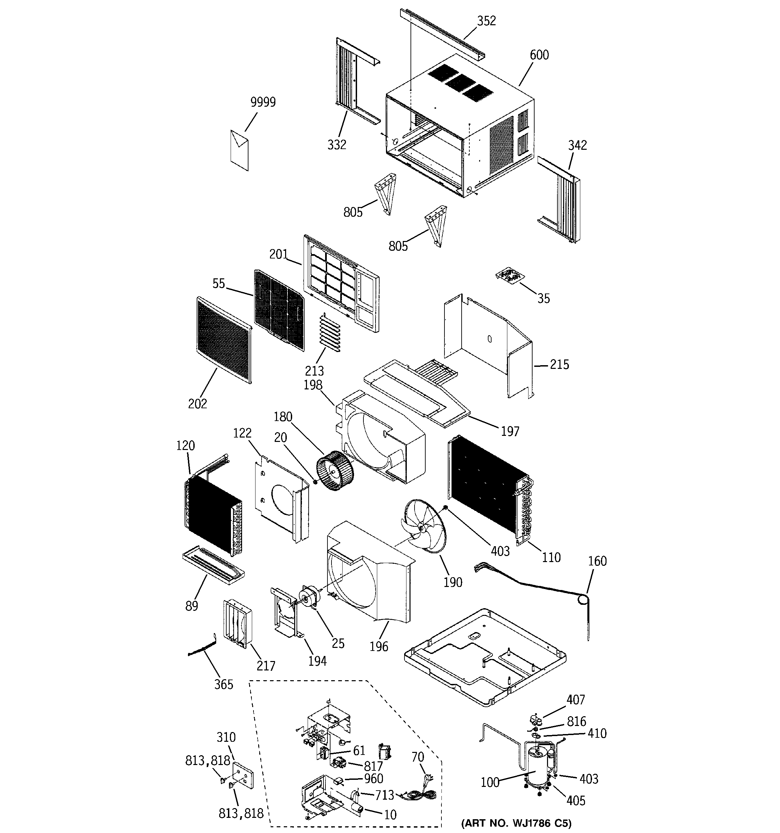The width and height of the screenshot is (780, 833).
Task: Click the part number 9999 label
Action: [x=263, y=102]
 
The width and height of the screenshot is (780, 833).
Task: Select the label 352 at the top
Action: [x=486, y=21]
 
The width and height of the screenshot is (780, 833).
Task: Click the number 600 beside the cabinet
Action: [x=539, y=55]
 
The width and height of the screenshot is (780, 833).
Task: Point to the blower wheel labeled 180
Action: [x=335, y=470]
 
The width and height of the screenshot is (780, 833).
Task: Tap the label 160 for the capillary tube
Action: [x=597, y=561]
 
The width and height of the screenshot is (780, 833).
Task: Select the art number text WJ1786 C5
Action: [x=516, y=823]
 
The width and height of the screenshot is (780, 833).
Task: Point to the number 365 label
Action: [x=224, y=684]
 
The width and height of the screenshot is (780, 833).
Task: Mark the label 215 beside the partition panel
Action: [x=559, y=365]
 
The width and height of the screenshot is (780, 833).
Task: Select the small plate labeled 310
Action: [x=243, y=775]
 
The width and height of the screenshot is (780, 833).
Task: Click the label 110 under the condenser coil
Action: [x=551, y=557]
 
